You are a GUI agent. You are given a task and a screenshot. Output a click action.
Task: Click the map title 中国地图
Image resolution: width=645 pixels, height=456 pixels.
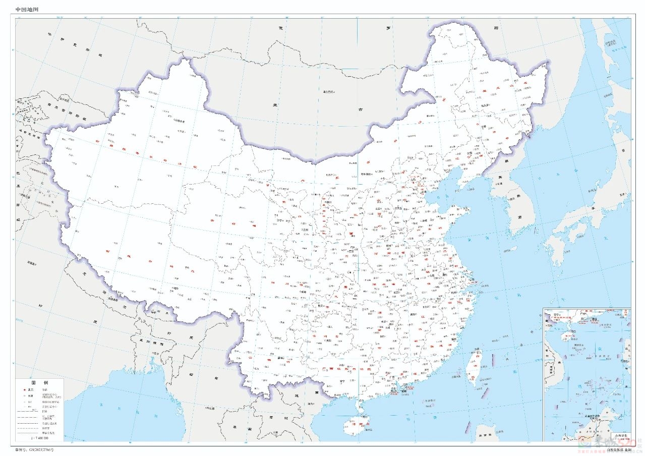(27, 10)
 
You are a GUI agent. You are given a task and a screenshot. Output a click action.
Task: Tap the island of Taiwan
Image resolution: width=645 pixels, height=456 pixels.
(474, 366)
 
